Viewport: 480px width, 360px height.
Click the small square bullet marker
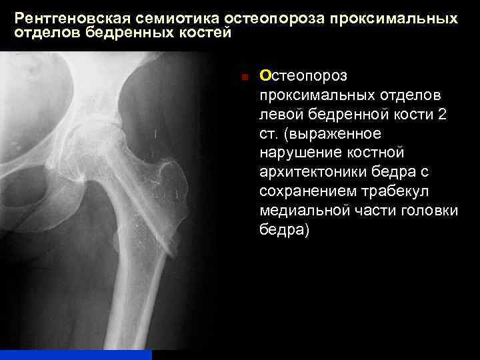point(245,77)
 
